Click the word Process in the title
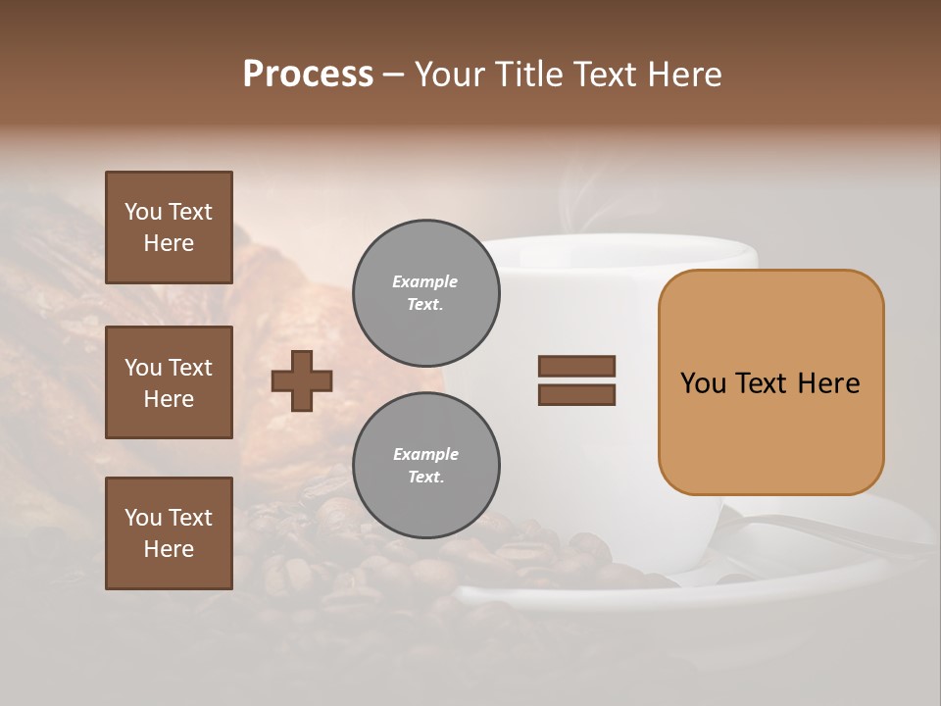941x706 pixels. pyautogui.click(x=308, y=75)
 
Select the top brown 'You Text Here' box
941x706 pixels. pyautogui.click(x=169, y=227)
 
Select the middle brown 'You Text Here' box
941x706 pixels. pyautogui.click(x=169, y=382)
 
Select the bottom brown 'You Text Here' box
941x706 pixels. pyautogui.click(x=169, y=532)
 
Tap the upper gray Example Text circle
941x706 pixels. pyautogui.click(x=425, y=293)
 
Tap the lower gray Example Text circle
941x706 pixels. pyautogui.click(x=425, y=466)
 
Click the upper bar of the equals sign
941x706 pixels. pyautogui.click(x=576, y=366)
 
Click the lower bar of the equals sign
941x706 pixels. pyautogui.click(x=576, y=394)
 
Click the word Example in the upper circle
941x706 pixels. pyautogui.click(x=425, y=282)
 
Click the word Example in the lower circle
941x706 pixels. pyautogui.click(x=425, y=455)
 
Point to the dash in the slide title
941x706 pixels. pyautogui.click(x=393, y=76)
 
